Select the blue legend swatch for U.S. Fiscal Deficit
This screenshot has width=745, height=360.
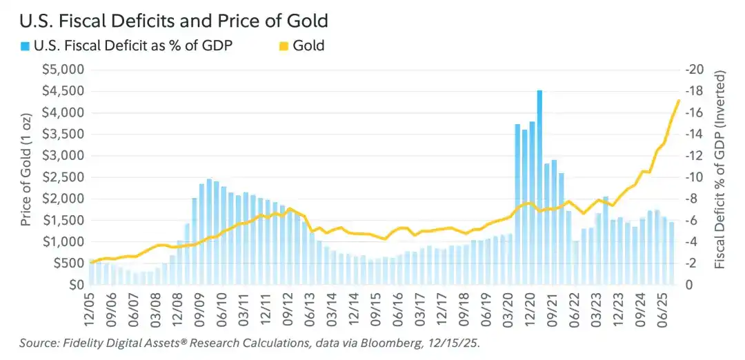point(25,46)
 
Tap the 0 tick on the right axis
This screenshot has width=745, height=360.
point(690,285)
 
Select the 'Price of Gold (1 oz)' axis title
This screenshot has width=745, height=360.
point(26,177)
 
